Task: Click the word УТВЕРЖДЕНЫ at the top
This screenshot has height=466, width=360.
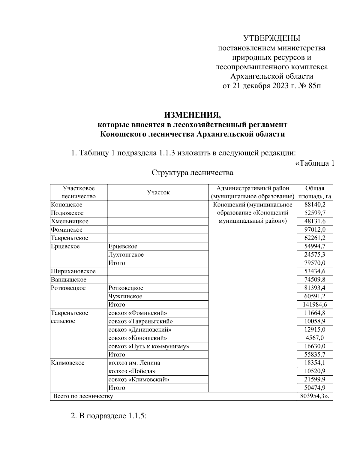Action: click(271, 38)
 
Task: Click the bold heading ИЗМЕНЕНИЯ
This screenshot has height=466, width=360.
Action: click(192, 115)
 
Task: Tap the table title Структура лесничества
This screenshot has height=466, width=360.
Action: click(192, 173)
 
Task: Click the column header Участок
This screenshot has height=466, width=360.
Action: click(158, 192)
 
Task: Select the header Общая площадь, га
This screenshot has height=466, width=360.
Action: click(314, 192)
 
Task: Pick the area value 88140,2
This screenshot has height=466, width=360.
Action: click(315, 205)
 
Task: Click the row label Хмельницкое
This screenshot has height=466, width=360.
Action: click(70, 221)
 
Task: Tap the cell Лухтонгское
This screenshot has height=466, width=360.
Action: click(126, 255)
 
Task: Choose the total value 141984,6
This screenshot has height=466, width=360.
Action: click(315, 305)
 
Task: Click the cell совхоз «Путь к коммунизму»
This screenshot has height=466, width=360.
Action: click(149, 346)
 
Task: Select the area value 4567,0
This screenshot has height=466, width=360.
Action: click(315, 338)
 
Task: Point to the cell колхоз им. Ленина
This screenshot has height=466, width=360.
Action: click(134, 363)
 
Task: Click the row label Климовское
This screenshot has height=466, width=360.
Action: click(68, 363)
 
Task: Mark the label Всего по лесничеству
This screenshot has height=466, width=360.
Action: click(83, 396)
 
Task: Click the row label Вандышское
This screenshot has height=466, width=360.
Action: click(69, 280)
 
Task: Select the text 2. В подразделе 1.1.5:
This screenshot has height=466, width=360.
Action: click(108, 416)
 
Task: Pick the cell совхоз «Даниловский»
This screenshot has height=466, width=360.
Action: click(140, 329)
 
